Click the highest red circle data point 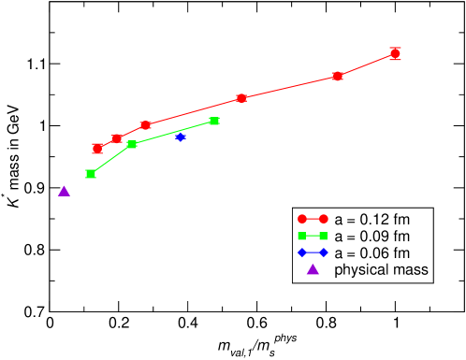(395, 53)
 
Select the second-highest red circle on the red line (338, 76)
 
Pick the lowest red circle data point (97, 148)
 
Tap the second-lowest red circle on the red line (116, 138)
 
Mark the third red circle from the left (145, 125)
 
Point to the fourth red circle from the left (241, 97)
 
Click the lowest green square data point (91, 174)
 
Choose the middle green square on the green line (132, 144)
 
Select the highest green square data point (214, 121)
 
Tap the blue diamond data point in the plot (181, 137)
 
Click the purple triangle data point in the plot (64, 191)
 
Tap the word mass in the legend (413, 271)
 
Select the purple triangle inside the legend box (313, 270)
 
